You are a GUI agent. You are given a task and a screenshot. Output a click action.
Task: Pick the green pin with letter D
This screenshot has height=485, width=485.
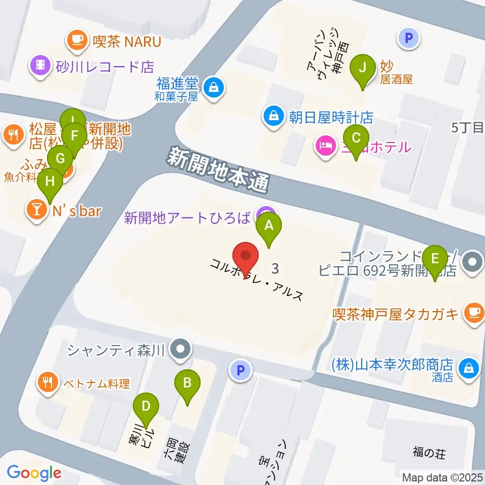pyautogui.click(x=147, y=407)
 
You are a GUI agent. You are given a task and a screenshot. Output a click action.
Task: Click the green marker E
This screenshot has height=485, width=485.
pyautogui.click(x=435, y=261)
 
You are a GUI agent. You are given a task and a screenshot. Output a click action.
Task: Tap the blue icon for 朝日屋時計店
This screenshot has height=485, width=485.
pyautogui.click(x=273, y=116)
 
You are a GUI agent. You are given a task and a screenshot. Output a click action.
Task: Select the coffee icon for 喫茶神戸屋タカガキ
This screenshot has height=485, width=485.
pyautogui.click(x=473, y=313)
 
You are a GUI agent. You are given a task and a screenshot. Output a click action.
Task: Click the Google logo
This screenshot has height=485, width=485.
pyautogui.click(x=34, y=473)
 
